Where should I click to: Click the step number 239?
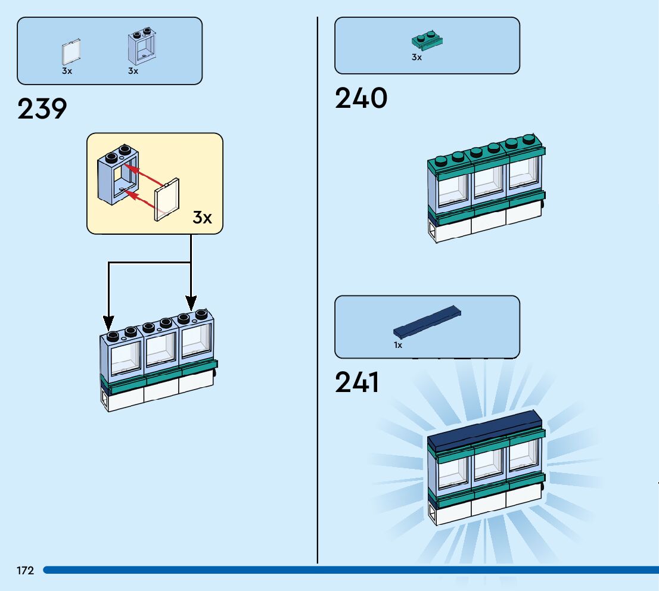tap(42, 109)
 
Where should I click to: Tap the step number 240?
tap(361, 98)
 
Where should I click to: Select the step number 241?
tap(358, 382)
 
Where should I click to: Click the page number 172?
tap(26, 571)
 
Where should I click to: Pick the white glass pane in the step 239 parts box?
tap(72, 52)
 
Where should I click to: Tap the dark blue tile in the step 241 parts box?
tap(428, 322)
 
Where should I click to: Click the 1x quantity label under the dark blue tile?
tap(397, 345)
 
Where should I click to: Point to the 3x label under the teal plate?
tap(416, 58)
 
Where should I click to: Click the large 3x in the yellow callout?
tap(202, 217)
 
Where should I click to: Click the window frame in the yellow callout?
tap(118, 176)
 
